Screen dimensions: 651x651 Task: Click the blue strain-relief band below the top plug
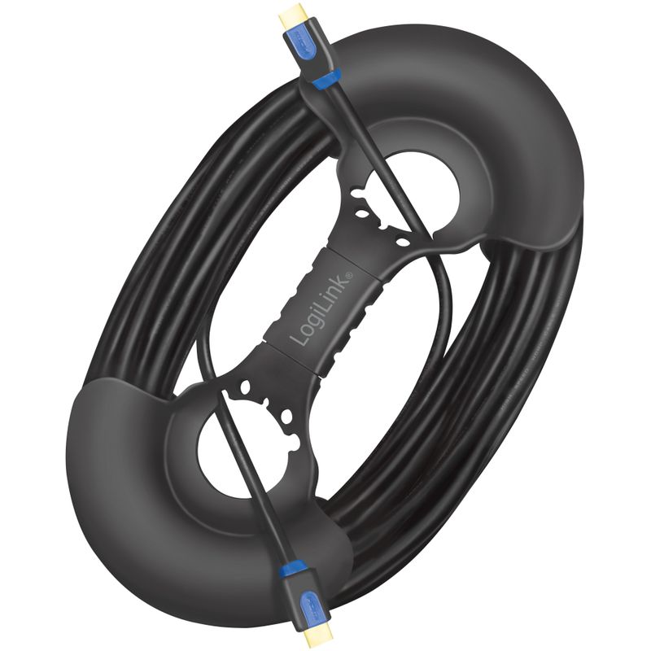(x=327, y=80)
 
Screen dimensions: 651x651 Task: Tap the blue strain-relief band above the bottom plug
(x=294, y=568)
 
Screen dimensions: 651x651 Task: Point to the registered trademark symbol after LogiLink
(x=349, y=274)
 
